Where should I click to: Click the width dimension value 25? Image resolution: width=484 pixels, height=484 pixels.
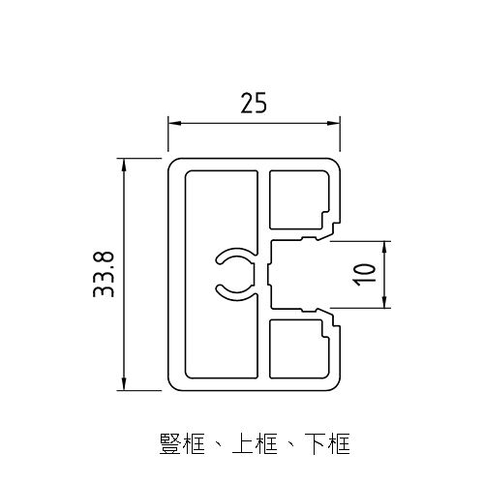[x=254, y=104]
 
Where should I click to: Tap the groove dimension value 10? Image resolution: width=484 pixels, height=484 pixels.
[x=363, y=274]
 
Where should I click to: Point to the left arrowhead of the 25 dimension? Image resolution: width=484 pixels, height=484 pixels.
[x=173, y=123]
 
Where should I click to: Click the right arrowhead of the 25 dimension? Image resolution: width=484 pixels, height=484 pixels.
[x=339, y=123]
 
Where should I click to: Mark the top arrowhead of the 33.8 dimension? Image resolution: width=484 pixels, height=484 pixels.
[x=123, y=162]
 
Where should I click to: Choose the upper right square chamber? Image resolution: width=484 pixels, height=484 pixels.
[x=296, y=199]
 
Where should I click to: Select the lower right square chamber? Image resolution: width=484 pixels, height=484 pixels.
[x=296, y=348]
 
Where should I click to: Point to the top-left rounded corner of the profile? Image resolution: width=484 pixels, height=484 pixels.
[x=173, y=161]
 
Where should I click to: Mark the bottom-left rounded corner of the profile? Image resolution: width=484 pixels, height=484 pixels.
[x=173, y=386]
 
